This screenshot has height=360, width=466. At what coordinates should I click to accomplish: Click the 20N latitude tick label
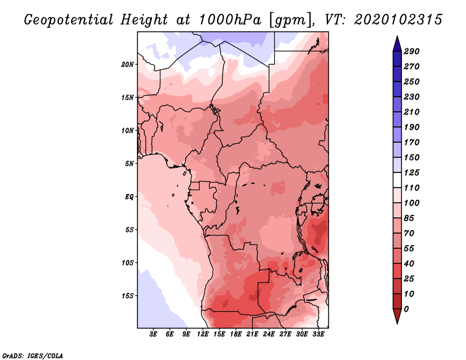point(128,64)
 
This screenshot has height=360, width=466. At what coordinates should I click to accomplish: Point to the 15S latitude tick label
point(128,295)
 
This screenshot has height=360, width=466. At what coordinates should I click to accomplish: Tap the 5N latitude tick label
point(129,163)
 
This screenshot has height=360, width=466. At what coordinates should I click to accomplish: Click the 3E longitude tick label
point(154,334)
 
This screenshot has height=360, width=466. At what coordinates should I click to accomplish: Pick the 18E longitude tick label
point(236,334)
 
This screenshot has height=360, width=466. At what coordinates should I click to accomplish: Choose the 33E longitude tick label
point(318,334)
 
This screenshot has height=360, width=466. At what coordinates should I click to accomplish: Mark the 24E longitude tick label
point(269,334)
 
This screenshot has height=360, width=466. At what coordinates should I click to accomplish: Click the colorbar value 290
point(412,51)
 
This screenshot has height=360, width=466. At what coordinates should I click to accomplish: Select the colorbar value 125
point(412,172)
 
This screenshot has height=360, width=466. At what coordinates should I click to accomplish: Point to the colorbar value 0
point(406,309)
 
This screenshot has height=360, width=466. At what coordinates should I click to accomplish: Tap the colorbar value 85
point(409,218)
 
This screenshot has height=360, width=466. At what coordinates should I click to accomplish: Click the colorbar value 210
point(412,112)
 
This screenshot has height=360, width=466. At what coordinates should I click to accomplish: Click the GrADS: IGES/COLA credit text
point(33,355)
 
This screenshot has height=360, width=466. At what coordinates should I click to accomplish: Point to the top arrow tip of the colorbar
point(396,37)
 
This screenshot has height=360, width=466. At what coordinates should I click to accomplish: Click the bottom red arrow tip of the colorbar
point(396,322)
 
